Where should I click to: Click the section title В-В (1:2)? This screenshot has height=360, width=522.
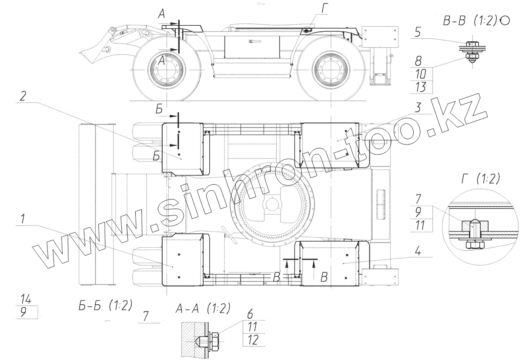[x=470, y=21]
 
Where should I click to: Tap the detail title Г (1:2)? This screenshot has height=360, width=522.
[x=481, y=179]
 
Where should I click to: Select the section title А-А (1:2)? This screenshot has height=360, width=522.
[x=203, y=309]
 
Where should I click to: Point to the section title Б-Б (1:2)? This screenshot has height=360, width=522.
[x=105, y=305]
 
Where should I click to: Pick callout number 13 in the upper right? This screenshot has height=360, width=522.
[x=421, y=87]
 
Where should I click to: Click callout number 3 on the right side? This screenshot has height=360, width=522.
[x=418, y=108]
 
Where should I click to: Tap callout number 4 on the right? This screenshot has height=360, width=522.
[x=418, y=251]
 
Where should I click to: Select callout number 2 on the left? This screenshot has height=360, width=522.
[x=23, y=96]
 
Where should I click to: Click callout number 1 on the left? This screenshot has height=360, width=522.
[x=22, y=219]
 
